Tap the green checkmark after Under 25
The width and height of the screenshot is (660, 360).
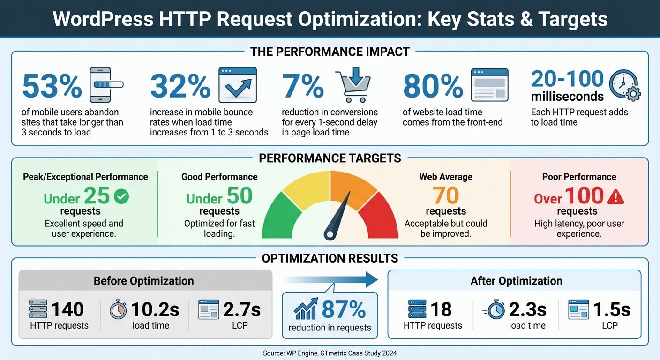pyautogui.click(x=121, y=197)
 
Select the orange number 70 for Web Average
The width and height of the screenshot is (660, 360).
pyautogui.click(x=445, y=196)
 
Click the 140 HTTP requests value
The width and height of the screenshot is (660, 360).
pyautogui.click(x=67, y=309)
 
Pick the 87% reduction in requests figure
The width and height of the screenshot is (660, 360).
pyautogui.click(x=344, y=310)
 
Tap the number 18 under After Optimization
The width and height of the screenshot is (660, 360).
pyautogui.click(x=441, y=310)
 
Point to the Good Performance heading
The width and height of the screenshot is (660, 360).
pyautogui.click(x=219, y=177)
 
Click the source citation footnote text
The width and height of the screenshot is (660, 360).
pyautogui.click(x=330, y=352)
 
